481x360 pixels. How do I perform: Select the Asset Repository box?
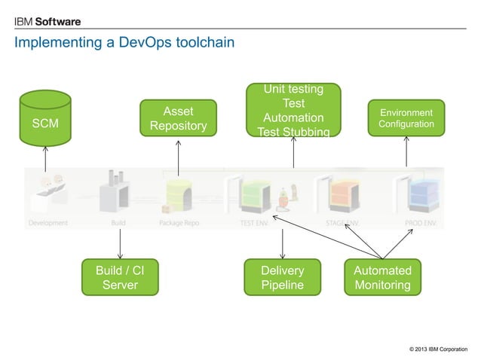[x=178, y=118]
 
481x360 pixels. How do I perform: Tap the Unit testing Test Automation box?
[x=293, y=111]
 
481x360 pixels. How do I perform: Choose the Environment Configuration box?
[x=406, y=117]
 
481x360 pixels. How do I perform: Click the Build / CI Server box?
[x=120, y=277]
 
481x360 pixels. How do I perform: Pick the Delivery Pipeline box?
[x=282, y=277]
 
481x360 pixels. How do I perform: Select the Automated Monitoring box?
[x=382, y=277]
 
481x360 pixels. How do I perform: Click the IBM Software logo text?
[x=47, y=21]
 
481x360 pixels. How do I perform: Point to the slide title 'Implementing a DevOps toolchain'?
[x=124, y=43]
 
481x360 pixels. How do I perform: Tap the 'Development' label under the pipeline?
[x=48, y=223]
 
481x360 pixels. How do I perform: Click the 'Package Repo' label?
[x=179, y=223]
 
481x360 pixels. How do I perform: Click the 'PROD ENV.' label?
[x=418, y=223]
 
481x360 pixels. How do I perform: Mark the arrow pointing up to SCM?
[x=45, y=159]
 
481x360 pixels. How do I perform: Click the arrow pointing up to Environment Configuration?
[x=406, y=152]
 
